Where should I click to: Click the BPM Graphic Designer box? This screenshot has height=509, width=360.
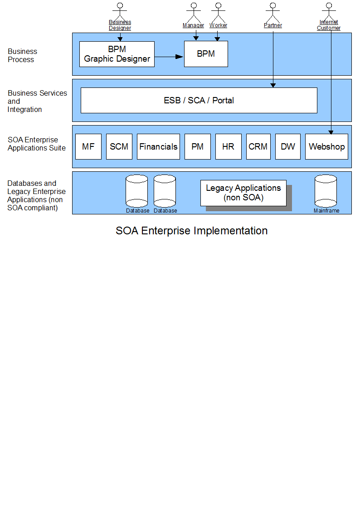click(117, 54)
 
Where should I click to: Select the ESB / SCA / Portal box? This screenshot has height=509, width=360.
click(199, 100)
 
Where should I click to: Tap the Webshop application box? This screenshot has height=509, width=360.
click(326, 147)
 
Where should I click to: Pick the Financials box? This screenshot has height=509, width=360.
click(158, 147)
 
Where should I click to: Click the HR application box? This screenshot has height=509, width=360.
click(229, 147)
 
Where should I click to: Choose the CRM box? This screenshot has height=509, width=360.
click(258, 147)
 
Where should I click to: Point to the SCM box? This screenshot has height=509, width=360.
click(119, 147)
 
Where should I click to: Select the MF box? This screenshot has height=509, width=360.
click(88, 147)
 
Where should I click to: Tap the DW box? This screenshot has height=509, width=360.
click(288, 147)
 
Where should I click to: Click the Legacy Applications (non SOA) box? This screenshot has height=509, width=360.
click(243, 193)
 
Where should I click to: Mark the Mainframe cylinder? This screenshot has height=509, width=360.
click(326, 191)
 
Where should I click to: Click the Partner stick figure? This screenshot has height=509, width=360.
click(273, 13)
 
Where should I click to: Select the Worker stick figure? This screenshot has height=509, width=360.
click(219, 13)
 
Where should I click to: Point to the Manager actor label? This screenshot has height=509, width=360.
click(194, 25)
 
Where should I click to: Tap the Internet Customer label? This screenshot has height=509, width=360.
click(329, 25)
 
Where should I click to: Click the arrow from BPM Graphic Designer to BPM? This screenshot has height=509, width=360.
click(169, 57)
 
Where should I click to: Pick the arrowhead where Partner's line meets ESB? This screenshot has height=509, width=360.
click(273, 85)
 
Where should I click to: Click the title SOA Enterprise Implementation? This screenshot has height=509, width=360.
click(191, 231)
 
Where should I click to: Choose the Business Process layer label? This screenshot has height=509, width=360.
click(22, 55)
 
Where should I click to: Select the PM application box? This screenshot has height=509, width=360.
click(198, 147)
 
